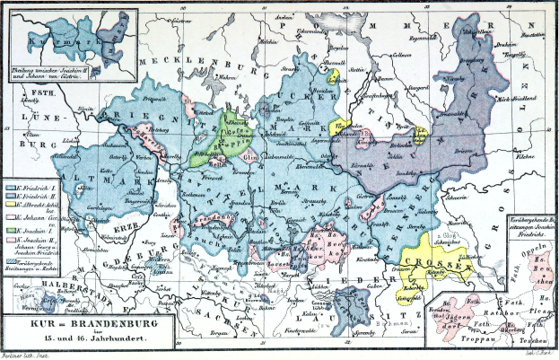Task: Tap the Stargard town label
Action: click(417, 88)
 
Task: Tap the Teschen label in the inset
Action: click(535, 344)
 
